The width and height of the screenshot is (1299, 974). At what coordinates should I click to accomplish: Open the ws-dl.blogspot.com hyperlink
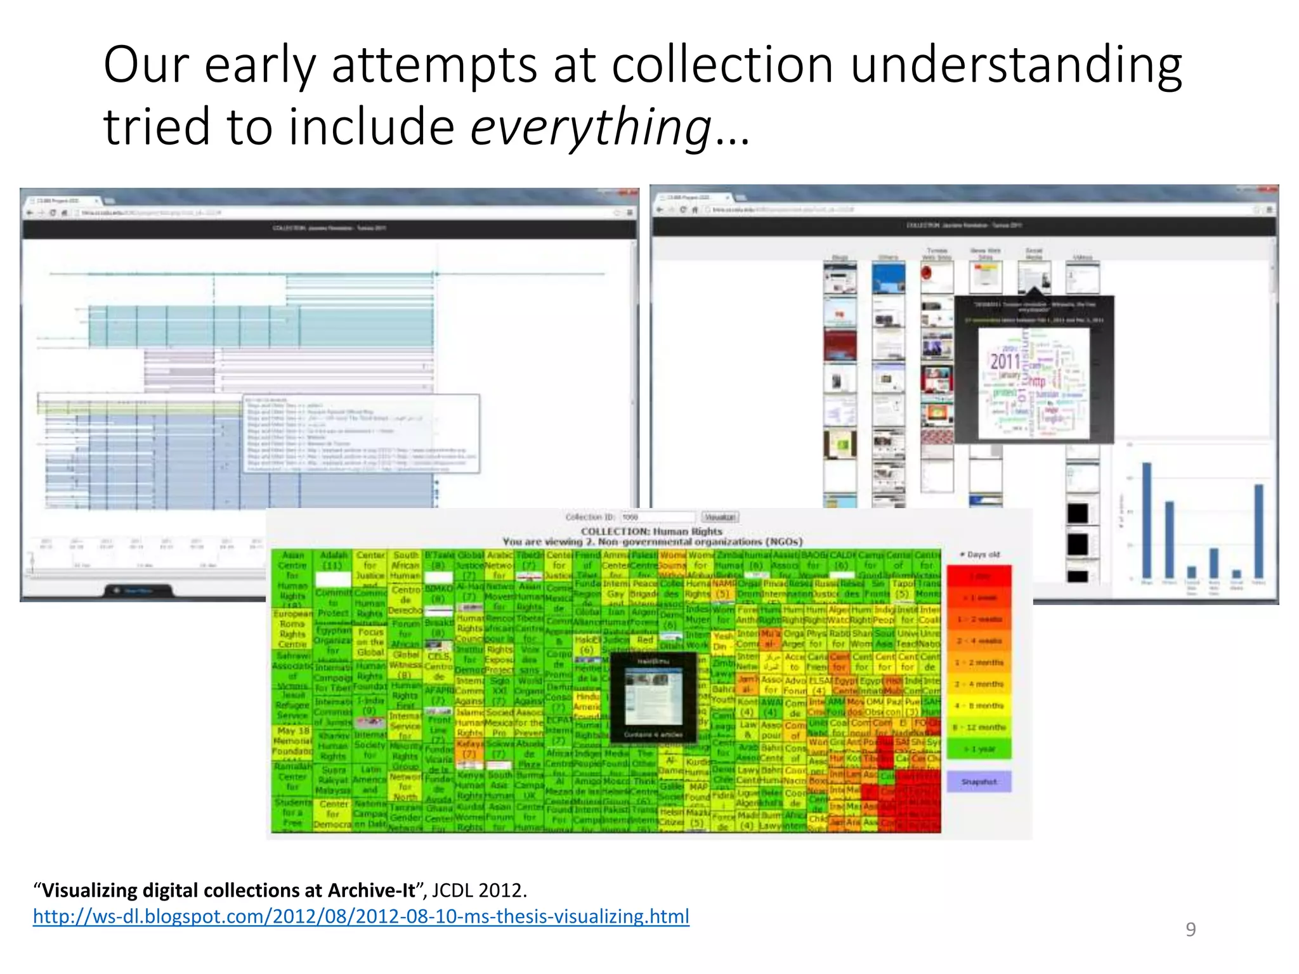point(361,916)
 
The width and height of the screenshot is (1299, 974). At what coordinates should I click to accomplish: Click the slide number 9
point(1191,929)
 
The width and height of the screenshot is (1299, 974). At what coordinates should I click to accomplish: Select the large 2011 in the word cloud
point(1005,362)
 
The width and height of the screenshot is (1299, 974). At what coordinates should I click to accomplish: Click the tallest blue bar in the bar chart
point(1146,520)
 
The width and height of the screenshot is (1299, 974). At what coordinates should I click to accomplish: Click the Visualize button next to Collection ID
point(720,517)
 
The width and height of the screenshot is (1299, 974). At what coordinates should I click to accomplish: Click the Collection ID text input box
point(657,517)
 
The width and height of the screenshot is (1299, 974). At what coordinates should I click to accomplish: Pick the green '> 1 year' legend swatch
point(979,749)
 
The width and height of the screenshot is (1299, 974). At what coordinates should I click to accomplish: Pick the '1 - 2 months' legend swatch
point(979,663)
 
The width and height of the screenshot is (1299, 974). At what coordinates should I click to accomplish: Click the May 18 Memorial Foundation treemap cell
point(292,741)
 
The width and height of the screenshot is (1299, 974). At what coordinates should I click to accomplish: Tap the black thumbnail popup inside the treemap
point(653,697)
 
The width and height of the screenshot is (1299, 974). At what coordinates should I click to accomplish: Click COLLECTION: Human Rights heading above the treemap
point(651,531)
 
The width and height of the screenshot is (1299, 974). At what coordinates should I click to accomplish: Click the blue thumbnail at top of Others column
point(888,278)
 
